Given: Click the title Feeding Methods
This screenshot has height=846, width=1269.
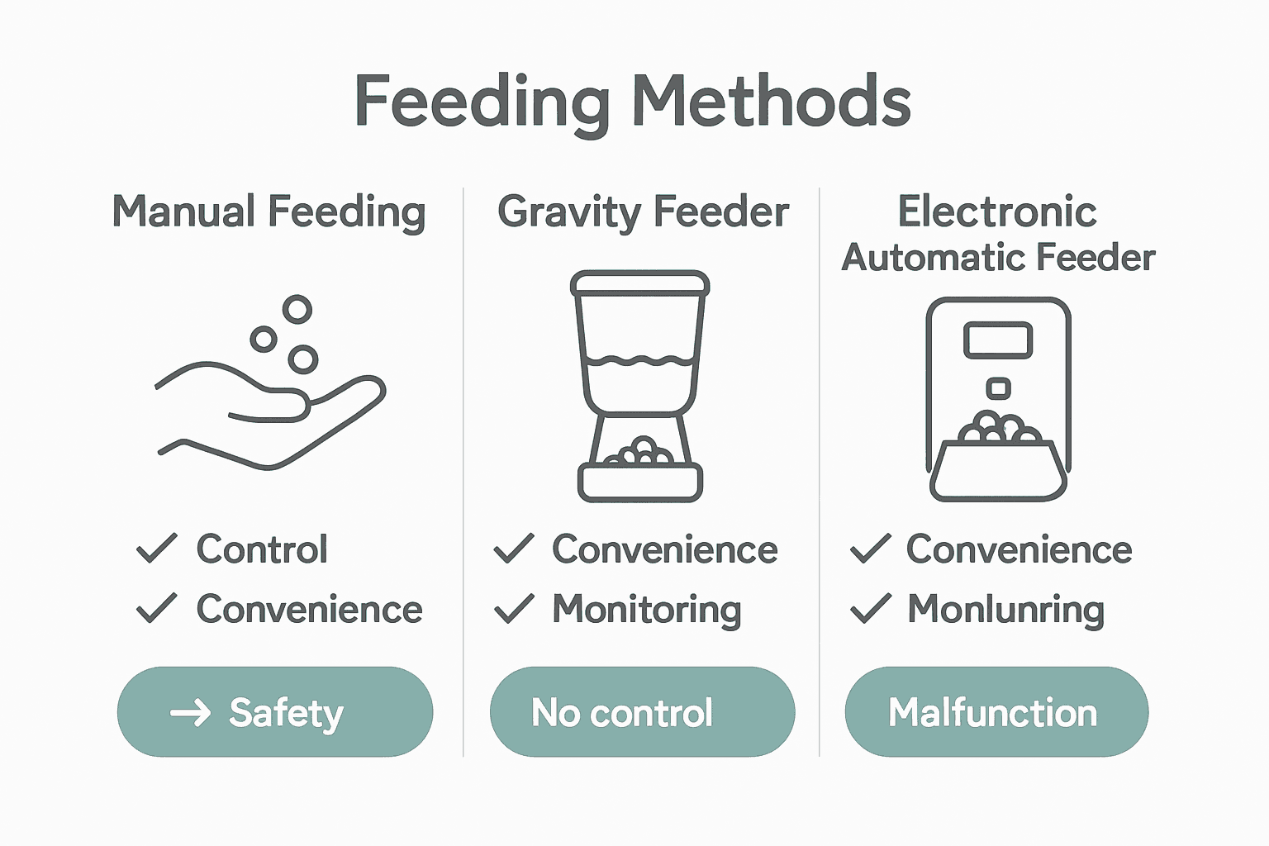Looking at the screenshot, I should coord(633,101).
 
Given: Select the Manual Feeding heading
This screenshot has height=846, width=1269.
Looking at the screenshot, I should coord(269,211).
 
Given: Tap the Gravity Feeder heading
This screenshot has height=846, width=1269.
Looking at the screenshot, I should coord(643,211).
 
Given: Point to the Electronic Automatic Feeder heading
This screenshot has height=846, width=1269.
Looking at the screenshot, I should coord(997,234).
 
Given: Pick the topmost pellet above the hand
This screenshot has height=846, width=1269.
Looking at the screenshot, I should coord(297,310).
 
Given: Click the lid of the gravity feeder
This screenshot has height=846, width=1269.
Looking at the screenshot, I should coord(639,283).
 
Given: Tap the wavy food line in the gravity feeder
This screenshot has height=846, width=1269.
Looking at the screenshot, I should coord(639,361).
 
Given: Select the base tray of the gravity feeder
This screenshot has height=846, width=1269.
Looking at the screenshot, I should coord(639,483).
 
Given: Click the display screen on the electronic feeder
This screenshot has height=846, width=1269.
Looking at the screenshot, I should coord(998,340).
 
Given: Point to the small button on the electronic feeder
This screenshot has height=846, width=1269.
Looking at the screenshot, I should coord(998,387).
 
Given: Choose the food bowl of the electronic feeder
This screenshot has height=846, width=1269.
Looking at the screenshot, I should coord(998,471).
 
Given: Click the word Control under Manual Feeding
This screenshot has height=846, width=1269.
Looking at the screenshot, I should coord(262,549).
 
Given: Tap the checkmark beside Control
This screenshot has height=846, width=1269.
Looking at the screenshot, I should coord(156,549).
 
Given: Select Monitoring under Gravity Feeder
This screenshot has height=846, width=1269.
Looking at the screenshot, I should coord(646,610).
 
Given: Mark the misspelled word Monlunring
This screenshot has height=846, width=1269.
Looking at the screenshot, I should coord(1005,610).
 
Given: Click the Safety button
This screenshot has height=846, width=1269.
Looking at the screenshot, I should coord(275,712).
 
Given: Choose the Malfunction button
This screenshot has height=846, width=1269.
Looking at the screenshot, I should coord(996,712).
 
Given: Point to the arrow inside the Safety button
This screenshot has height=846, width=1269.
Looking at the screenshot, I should coord(190,712).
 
